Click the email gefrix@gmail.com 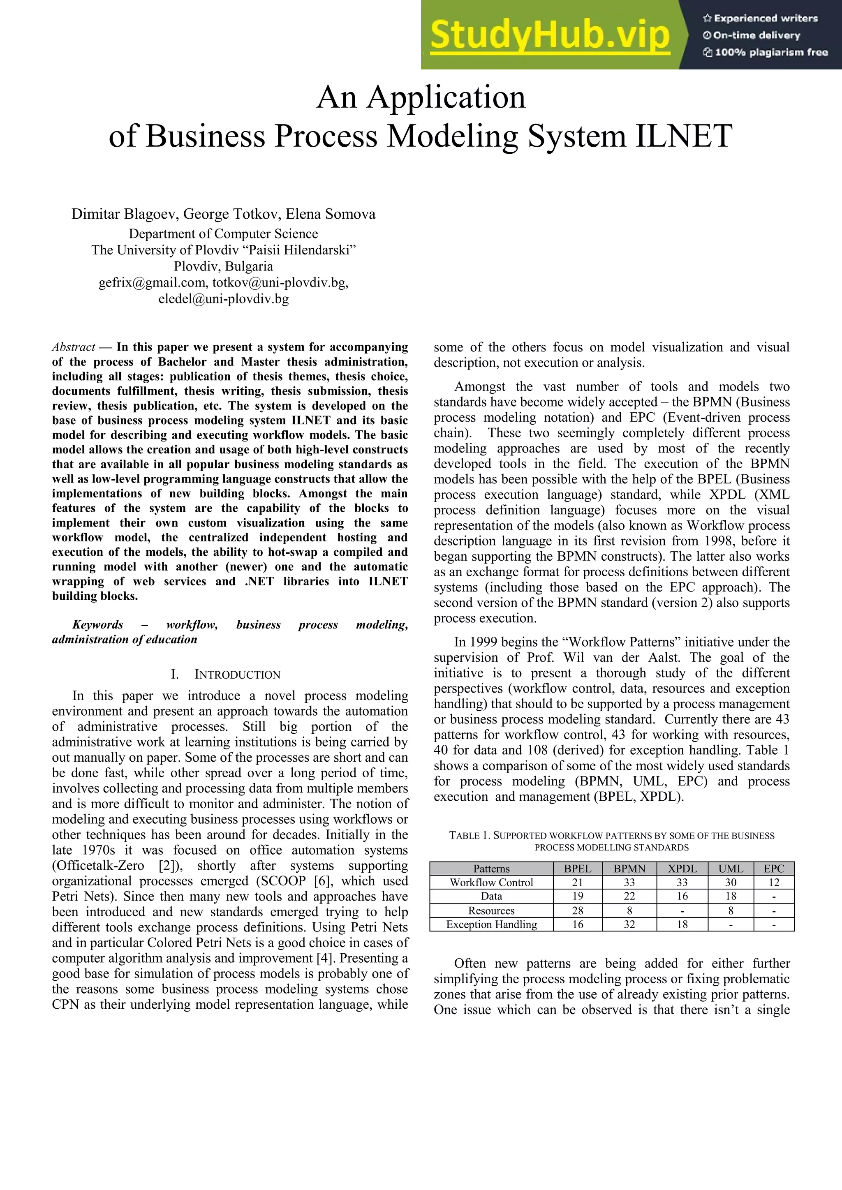153,282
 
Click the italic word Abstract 73,347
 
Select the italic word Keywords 97,624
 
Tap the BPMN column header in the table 629,869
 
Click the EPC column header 774,869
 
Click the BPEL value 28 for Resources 577,910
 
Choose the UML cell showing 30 730,883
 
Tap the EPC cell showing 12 774,883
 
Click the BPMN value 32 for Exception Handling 629,924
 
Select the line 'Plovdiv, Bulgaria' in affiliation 224,266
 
